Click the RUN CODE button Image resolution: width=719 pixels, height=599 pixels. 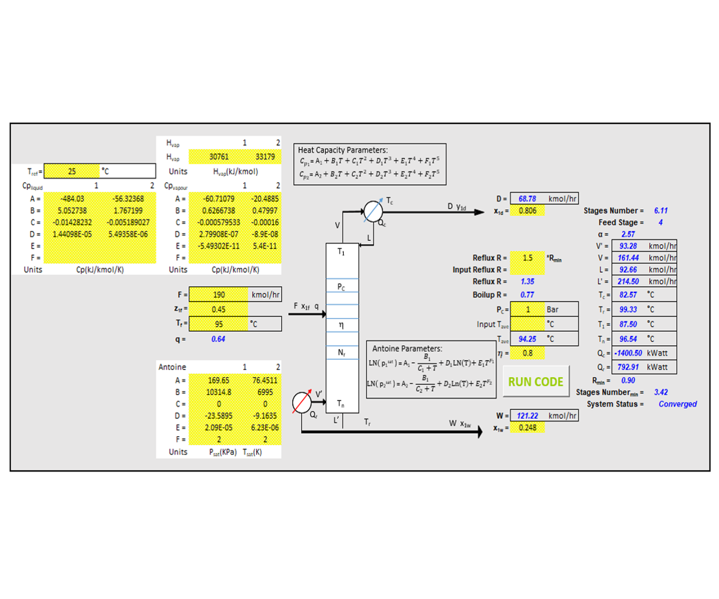[535, 382]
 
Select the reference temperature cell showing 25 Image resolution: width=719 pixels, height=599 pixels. [72, 171]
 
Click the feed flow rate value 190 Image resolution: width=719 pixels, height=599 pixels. [219, 295]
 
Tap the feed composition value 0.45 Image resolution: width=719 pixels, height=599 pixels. [219, 309]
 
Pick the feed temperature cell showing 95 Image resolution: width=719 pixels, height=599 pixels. [219, 324]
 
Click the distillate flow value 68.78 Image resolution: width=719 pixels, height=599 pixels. [527, 199]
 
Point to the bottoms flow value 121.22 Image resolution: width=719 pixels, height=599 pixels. [527, 416]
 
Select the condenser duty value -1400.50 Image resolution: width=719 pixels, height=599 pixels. [628, 353]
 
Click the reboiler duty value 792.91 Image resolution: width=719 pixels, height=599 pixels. [628, 367]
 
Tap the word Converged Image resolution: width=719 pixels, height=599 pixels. [677, 404]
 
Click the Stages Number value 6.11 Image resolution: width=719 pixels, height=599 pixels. [661, 211]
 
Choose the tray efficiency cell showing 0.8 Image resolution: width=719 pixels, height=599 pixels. [527, 353]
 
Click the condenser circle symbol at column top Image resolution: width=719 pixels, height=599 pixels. [373, 212]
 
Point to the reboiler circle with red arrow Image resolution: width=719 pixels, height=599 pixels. [302, 402]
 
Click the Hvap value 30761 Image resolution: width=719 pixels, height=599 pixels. [219, 157]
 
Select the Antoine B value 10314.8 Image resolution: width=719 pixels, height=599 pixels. [219, 392]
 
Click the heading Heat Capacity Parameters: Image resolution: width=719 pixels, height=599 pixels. [343, 150]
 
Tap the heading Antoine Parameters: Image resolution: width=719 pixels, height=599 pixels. [407, 349]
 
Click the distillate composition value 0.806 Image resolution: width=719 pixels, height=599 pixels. [527, 211]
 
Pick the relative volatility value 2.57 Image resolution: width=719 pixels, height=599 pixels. [627, 234]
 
